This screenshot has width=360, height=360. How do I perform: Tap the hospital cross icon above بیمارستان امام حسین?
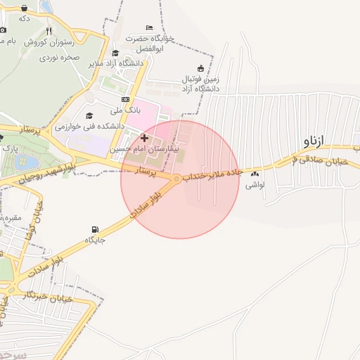145,138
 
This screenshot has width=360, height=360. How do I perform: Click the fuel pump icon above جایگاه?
95,229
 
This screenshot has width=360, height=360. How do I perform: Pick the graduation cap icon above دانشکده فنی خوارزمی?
89,116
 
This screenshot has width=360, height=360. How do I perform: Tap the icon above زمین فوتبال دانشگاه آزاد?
201,68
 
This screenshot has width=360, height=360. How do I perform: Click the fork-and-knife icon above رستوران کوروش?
49,32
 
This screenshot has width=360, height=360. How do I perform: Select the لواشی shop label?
253,186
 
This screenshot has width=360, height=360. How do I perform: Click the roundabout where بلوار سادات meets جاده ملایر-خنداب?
176,179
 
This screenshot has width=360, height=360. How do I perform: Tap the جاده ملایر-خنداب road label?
212,174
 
